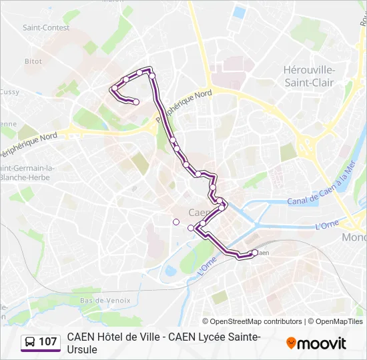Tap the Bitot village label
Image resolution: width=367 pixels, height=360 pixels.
tap(33, 61)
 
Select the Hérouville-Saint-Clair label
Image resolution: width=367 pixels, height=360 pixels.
tap(309, 75)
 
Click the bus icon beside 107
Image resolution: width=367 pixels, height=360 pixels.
tap(30, 342)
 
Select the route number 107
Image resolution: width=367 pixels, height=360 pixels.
tap(48, 342)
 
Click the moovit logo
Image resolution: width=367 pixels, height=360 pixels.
tap(316, 343)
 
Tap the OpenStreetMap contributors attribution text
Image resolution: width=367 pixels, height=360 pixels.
tap(256, 321)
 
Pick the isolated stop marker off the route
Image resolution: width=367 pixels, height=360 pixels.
tap(176, 222)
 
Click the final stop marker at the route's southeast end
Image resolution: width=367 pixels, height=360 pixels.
tap(255, 253)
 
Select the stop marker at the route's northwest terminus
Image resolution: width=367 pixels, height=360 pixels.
tap(136, 102)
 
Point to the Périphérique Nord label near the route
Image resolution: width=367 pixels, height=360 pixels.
tap(184, 105)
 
